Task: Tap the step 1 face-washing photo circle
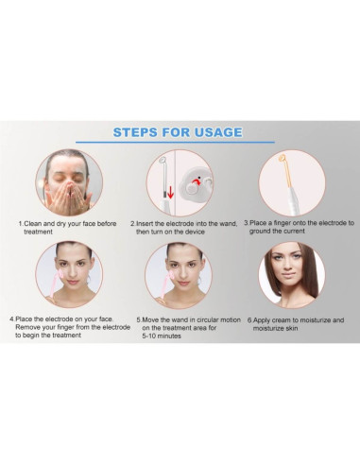tap(69, 182)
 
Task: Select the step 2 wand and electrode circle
tap(180, 182)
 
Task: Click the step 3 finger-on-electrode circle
tap(291, 182)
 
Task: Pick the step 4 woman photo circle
tap(69, 275)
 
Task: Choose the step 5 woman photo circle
tap(180, 275)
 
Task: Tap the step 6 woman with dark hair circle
tap(291, 275)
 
